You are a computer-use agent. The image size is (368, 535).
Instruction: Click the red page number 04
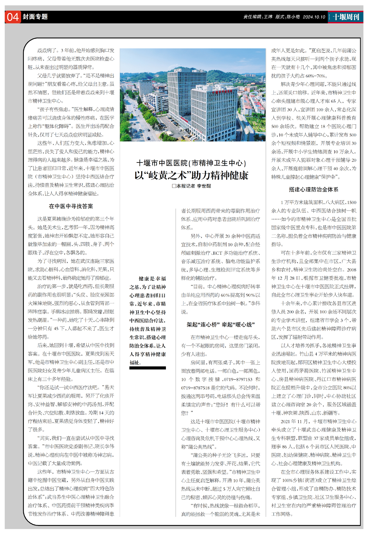pyautogui.click(x=13, y=17)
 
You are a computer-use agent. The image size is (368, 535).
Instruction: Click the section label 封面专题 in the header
pyautogui.click(x=35, y=17)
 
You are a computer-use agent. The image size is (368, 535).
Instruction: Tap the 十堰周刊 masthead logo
pyautogui.click(x=346, y=17)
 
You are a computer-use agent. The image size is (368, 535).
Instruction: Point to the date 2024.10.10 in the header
pyautogui.click(x=314, y=17)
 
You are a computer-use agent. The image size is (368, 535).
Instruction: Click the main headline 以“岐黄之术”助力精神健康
pyautogui.click(x=191, y=175)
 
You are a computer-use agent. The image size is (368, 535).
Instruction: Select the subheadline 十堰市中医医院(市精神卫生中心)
pyautogui.click(x=191, y=163)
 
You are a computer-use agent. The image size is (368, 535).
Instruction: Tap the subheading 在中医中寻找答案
pyautogui.click(x=71, y=206)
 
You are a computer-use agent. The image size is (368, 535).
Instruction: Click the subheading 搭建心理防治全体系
pyautogui.click(x=313, y=189)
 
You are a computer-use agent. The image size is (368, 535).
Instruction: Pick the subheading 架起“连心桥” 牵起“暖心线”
pyautogui.click(x=221, y=325)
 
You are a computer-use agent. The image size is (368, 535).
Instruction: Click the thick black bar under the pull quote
pyautogui.click(x=148, y=368)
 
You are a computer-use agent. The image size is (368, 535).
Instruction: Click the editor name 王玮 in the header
pyautogui.click(x=268, y=17)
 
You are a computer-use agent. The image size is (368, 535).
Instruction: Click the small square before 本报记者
pyautogui.click(x=174, y=186)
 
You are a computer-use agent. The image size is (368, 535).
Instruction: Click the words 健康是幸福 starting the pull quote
pyautogui.click(x=152, y=279)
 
